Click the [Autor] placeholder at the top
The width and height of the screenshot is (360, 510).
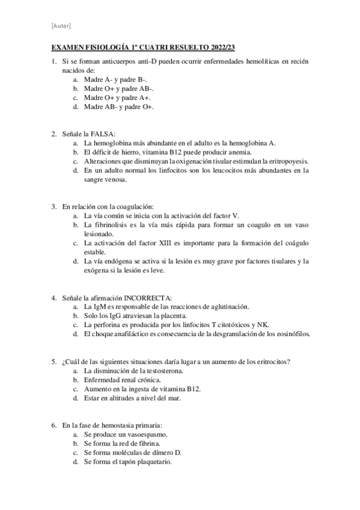tap(61, 25)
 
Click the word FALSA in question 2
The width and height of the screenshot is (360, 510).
tap(103, 134)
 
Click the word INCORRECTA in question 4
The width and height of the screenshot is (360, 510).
tap(148, 298)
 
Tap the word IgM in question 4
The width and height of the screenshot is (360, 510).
tap(100, 307)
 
